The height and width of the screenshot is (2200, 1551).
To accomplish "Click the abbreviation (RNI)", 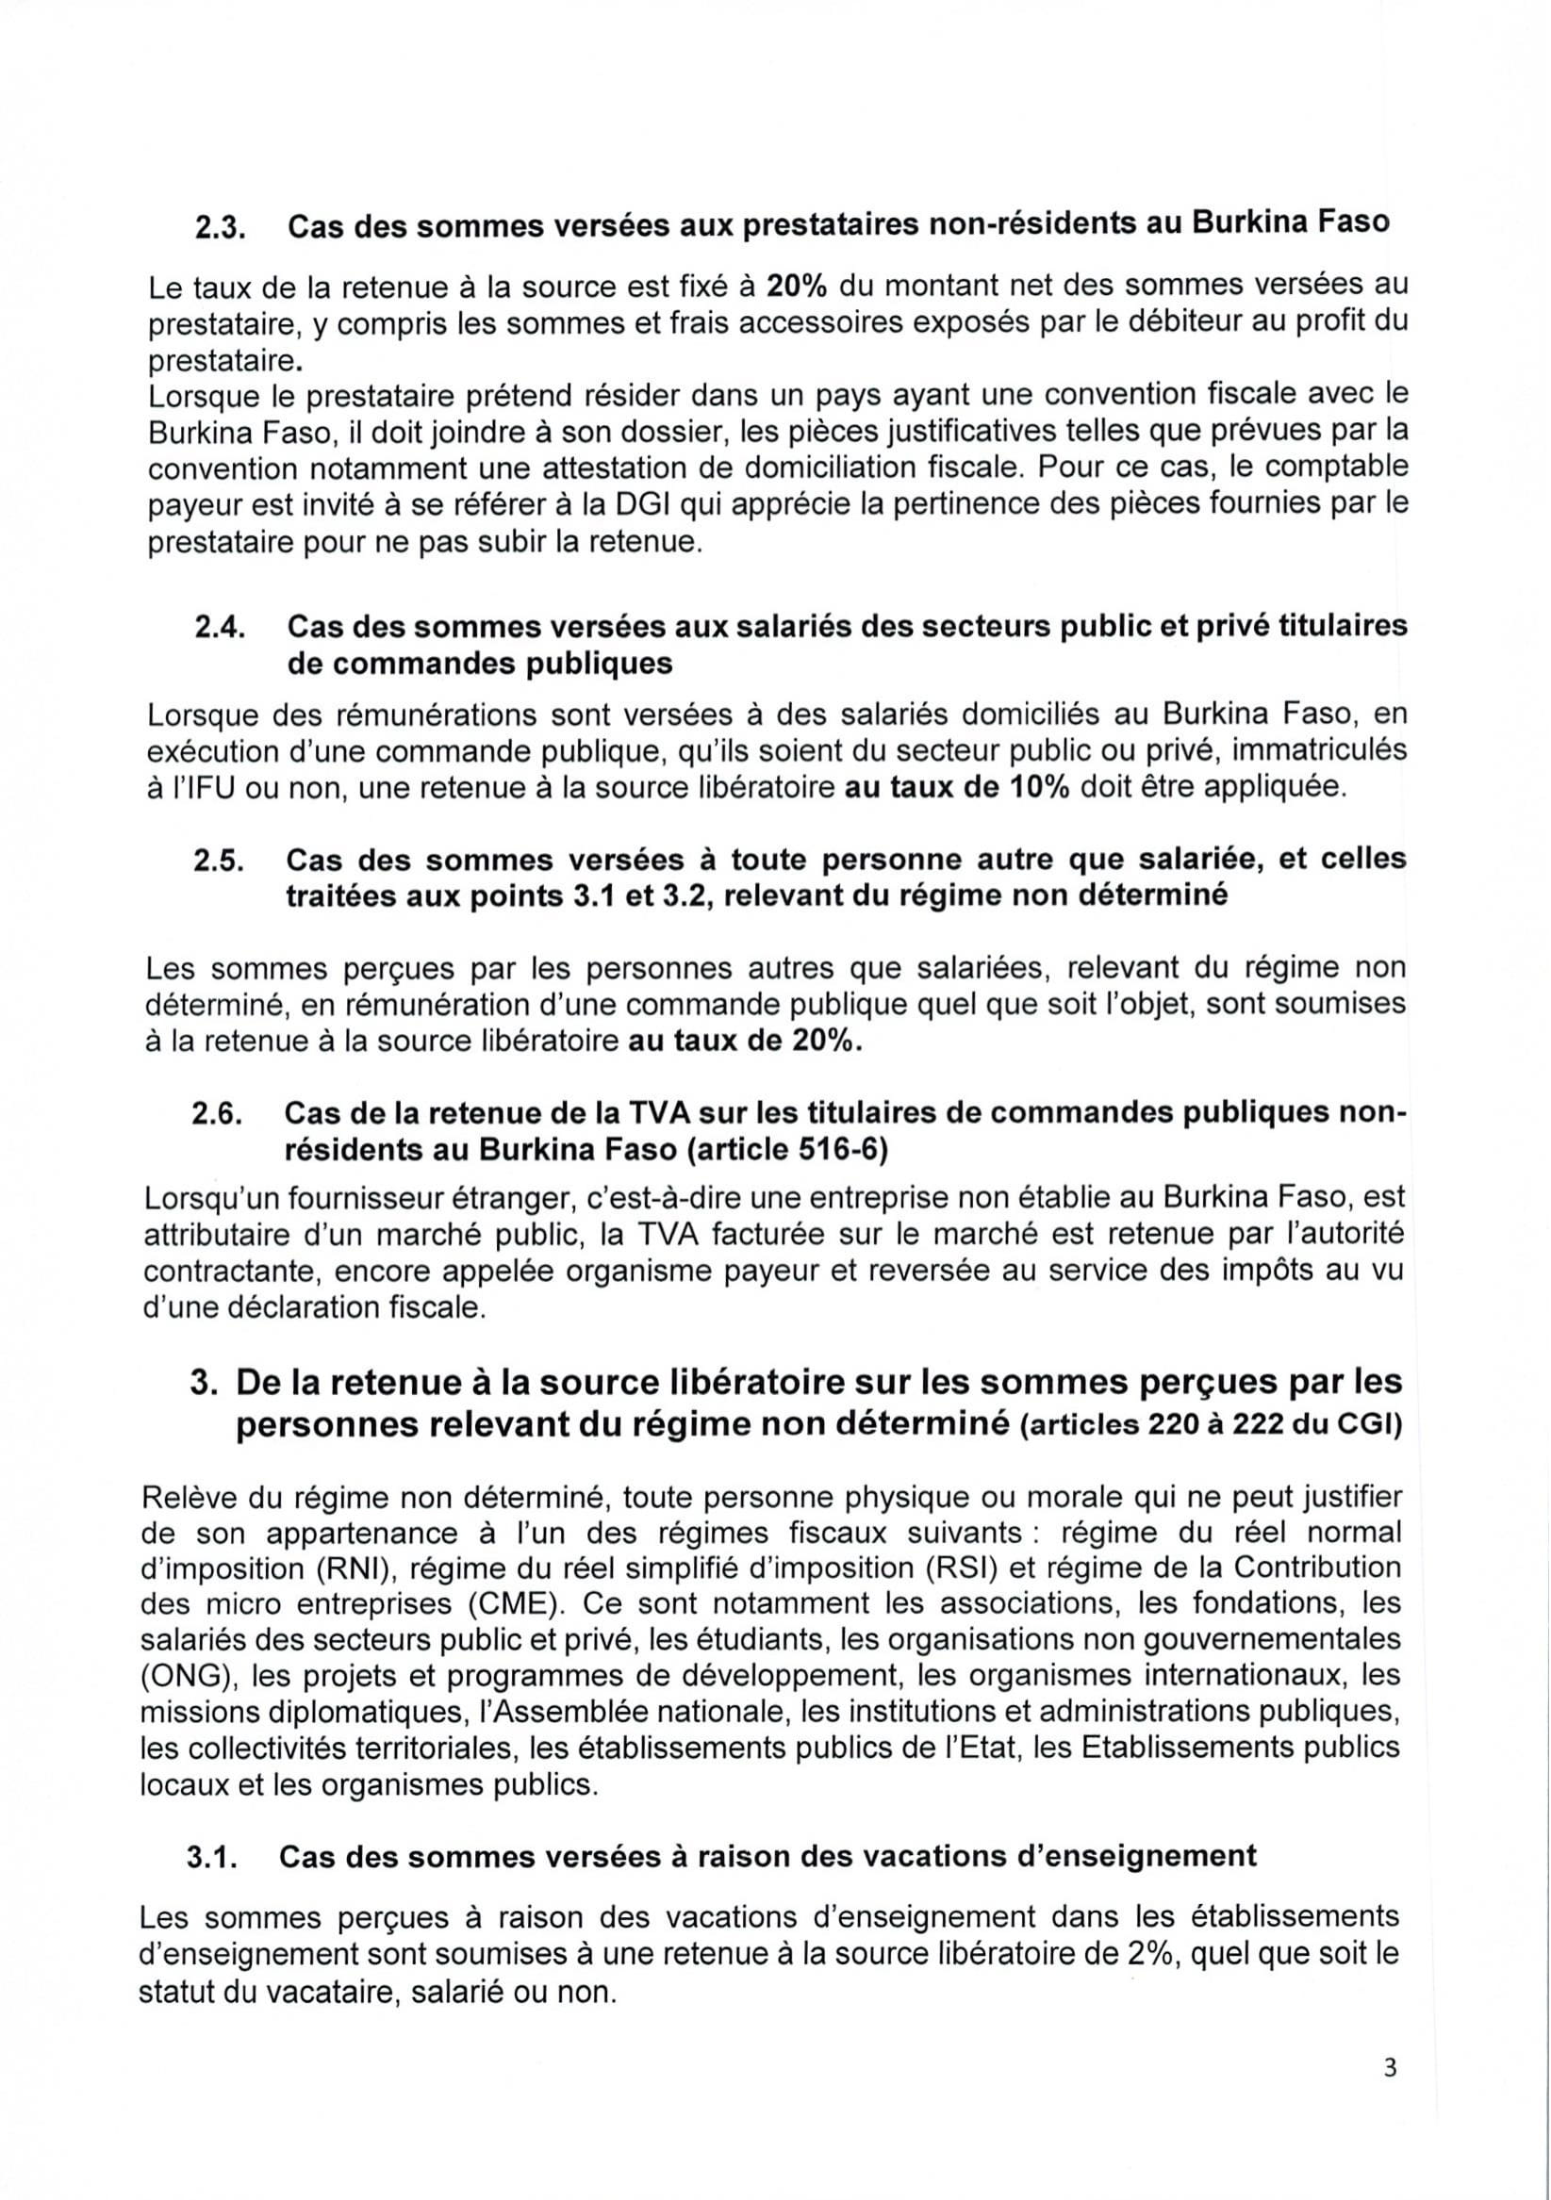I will pyautogui.click(x=351, y=1568).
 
